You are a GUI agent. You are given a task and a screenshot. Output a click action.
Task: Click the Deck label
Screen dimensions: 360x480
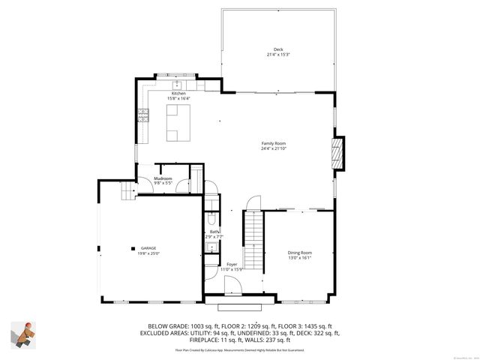(x=278, y=49)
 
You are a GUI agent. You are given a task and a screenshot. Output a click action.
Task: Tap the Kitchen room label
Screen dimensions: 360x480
(x=178, y=94)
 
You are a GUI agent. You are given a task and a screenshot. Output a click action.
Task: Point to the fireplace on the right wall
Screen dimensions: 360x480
(x=338, y=154)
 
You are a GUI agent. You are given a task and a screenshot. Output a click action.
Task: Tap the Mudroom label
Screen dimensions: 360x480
(x=163, y=178)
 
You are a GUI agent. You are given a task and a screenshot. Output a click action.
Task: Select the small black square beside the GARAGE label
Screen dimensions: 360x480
(x=133, y=248)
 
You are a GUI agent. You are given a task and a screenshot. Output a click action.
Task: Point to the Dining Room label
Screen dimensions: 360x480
(x=299, y=253)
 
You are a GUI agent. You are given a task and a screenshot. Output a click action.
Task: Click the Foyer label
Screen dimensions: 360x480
(x=232, y=264)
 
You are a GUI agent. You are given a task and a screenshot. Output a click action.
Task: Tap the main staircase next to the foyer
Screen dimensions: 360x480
(x=253, y=240)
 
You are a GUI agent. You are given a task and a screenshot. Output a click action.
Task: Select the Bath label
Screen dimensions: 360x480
(x=214, y=232)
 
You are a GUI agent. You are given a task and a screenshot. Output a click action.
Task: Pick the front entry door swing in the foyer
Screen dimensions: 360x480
(x=234, y=285)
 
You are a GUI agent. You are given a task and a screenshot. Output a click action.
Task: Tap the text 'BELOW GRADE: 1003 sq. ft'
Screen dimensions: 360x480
(x=166, y=326)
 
